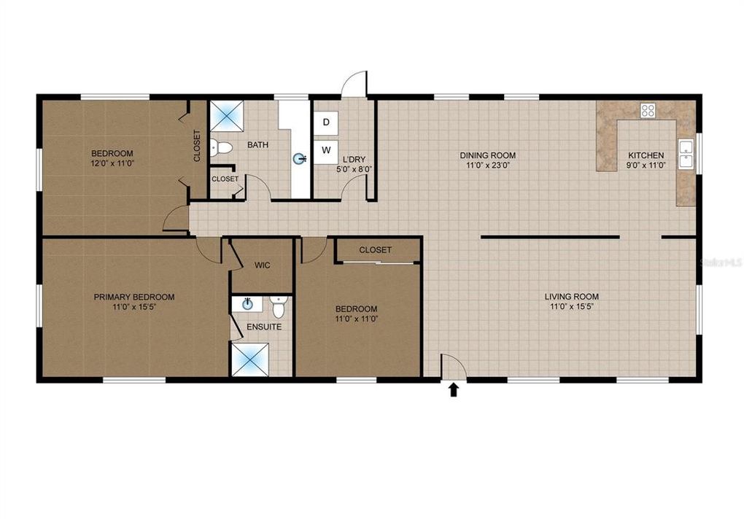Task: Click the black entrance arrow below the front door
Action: click(454, 390)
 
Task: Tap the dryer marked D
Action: click(326, 122)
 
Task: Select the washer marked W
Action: click(326, 151)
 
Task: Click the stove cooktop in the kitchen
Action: click(648, 111)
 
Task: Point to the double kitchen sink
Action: click(685, 153)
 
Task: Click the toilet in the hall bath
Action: click(221, 148)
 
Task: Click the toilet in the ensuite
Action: click(278, 303)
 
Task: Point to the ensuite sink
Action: click(247, 304)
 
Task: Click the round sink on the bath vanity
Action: click(299, 158)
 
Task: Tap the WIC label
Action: click(262, 265)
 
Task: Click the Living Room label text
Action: click(571, 297)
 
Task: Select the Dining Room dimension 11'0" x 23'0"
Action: click(487, 166)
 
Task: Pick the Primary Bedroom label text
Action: click(133, 297)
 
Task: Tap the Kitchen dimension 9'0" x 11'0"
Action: click(646, 166)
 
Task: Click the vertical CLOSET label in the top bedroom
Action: click(197, 146)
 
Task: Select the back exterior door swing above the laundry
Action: click(354, 83)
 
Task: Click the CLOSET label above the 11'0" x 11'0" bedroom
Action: click(375, 250)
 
